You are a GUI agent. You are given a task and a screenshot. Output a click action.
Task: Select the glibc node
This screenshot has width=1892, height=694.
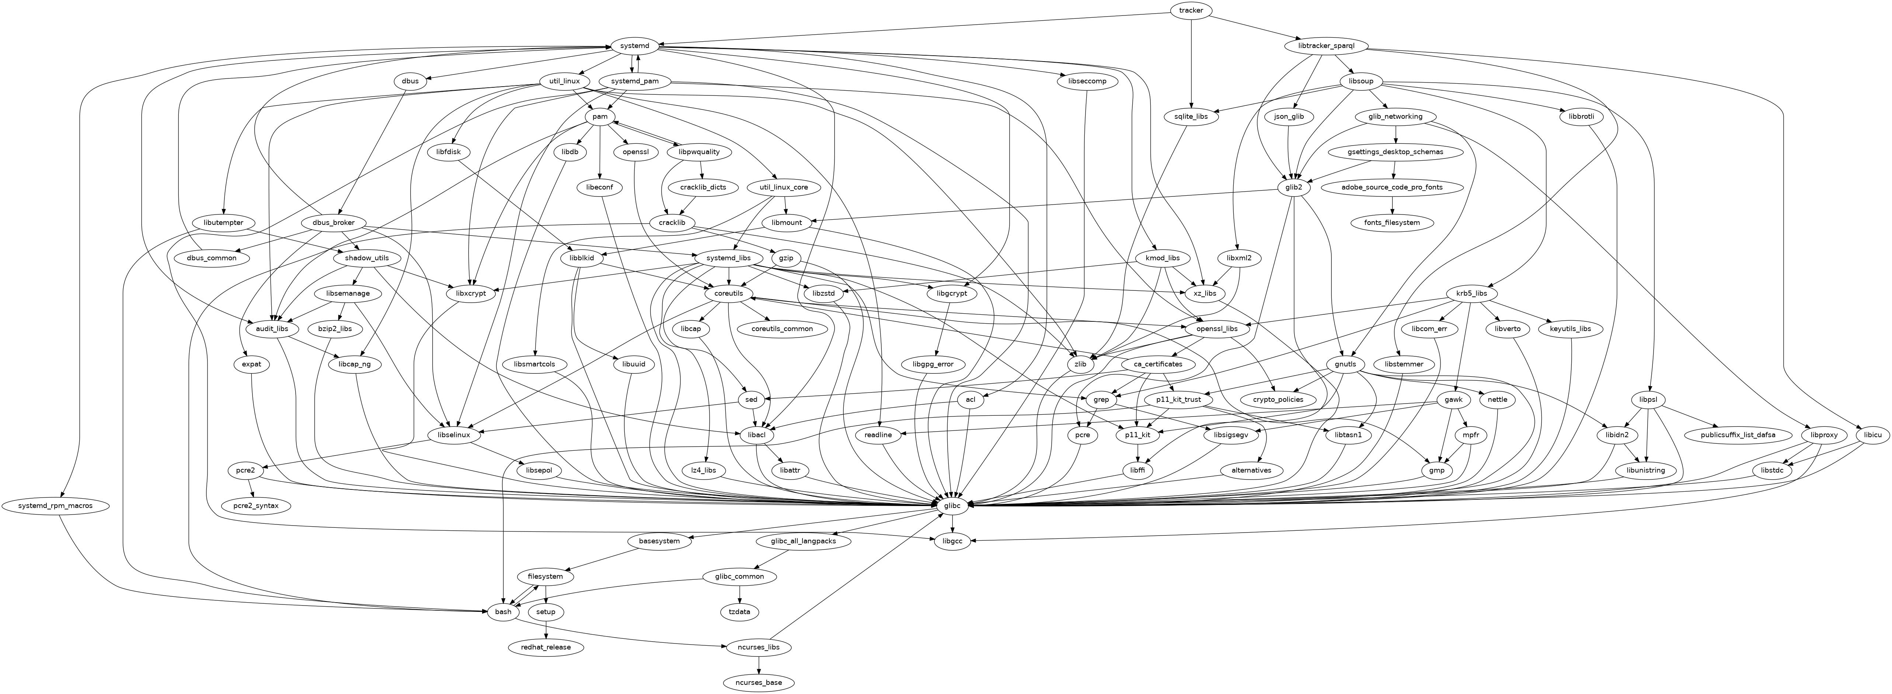coord(952,505)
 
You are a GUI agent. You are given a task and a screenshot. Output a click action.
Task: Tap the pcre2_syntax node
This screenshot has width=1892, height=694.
coord(256,506)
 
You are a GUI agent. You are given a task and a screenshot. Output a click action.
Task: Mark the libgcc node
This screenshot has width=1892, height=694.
coord(952,541)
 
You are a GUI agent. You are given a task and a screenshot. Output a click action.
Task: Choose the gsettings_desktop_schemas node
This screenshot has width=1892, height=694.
coord(1395,152)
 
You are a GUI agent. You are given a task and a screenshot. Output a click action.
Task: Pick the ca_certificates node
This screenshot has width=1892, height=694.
coord(1157,364)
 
